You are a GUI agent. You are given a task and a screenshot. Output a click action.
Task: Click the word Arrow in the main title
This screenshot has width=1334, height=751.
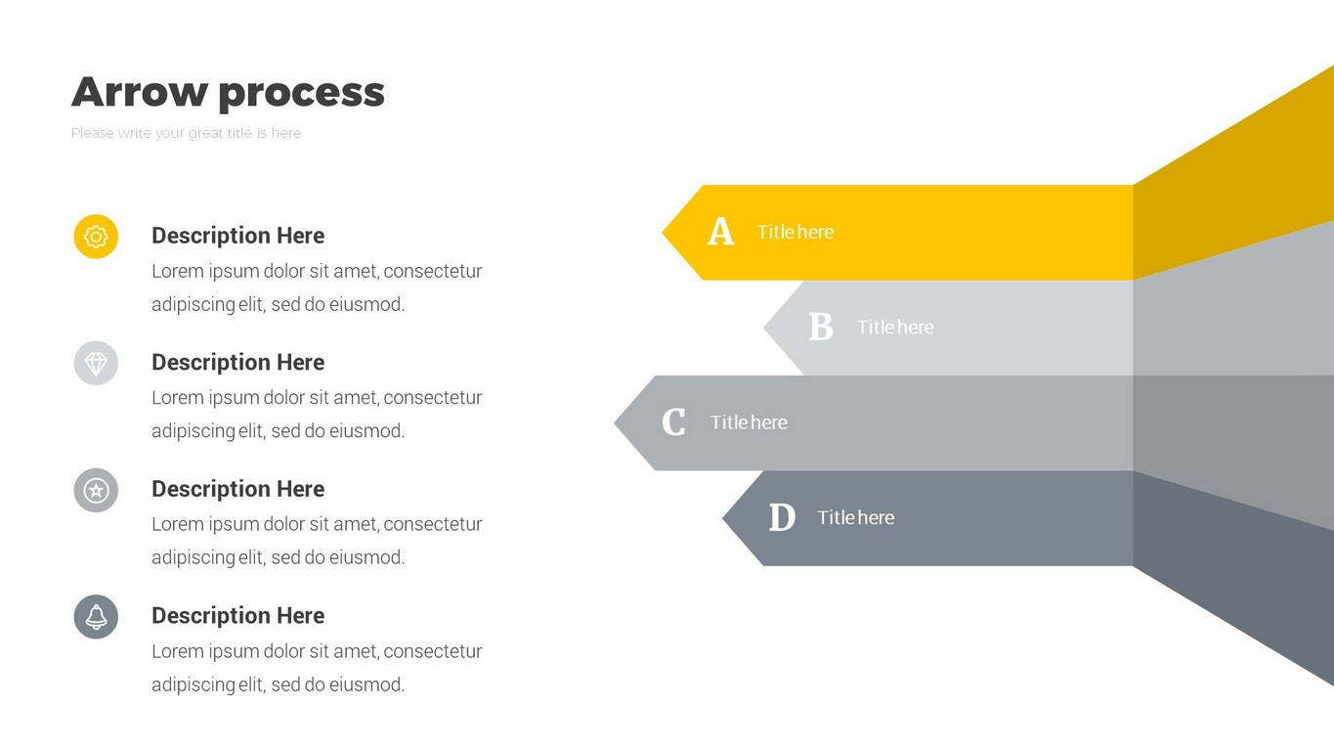tap(140, 92)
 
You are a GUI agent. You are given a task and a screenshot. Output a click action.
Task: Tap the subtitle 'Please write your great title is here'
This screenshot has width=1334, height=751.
tap(186, 133)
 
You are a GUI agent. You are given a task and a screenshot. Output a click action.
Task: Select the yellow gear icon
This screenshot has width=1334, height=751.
tap(96, 237)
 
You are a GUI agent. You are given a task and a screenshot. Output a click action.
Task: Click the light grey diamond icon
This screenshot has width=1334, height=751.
tap(96, 363)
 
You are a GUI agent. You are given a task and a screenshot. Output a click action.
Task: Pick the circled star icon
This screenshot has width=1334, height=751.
tap(96, 490)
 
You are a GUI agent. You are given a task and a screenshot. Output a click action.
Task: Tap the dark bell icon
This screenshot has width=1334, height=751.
tap(96, 617)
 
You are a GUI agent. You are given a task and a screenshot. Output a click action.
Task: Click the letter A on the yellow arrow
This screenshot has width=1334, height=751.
tap(720, 231)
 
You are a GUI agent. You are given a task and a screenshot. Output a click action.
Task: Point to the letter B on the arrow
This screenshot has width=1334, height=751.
tap(821, 327)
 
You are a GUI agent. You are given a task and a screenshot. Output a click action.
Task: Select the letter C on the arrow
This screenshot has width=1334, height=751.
tap(673, 422)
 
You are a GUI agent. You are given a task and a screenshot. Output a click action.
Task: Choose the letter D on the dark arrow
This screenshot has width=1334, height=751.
tap(782, 517)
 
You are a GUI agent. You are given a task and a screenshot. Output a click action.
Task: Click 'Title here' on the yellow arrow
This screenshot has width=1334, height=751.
tap(796, 232)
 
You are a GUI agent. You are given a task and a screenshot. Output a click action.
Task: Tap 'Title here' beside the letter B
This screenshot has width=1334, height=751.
tap(895, 328)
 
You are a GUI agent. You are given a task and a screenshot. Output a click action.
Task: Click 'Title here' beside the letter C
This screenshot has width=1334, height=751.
tap(749, 422)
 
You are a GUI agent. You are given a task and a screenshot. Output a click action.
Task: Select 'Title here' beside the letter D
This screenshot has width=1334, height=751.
tap(855, 517)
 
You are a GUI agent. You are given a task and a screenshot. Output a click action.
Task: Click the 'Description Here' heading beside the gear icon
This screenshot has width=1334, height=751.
tap(238, 236)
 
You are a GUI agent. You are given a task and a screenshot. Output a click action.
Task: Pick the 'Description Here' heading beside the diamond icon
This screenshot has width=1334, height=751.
tap(238, 363)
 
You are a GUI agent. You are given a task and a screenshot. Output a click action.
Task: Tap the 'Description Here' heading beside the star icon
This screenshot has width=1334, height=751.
tap(238, 489)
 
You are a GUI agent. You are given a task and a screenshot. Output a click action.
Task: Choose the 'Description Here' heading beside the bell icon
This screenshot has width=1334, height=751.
tap(238, 616)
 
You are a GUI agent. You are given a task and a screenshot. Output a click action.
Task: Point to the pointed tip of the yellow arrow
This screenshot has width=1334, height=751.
tap(663, 233)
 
